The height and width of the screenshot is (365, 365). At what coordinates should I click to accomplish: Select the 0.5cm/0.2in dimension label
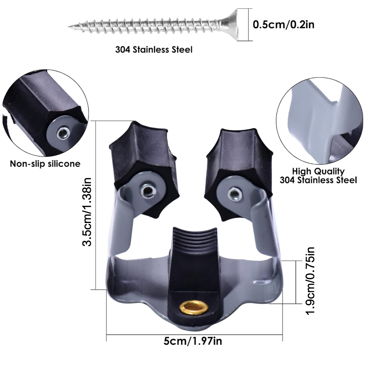click(284, 25)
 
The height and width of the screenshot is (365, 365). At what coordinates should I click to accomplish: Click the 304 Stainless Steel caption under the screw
click(154, 50)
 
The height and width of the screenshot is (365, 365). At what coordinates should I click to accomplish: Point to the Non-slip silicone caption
click(45, 164)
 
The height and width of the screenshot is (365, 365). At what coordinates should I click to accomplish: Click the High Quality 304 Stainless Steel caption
click(318, 176)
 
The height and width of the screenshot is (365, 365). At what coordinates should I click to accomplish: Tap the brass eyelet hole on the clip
click(195, 307)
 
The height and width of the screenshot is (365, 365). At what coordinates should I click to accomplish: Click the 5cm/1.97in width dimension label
click(193, 341)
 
